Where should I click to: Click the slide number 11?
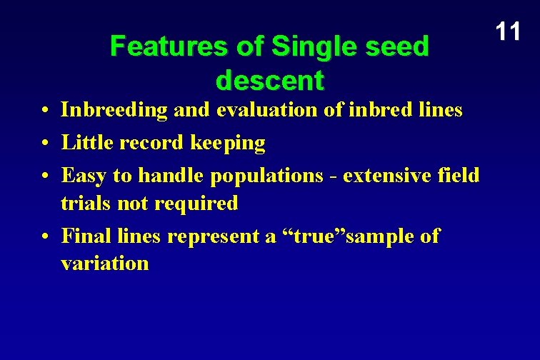tap(508, 31)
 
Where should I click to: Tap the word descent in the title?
tap(269, 80)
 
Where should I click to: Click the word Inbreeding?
tap(114, 110)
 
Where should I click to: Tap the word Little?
tap(86, 143)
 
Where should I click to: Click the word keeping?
tap(228, 144)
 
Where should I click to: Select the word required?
tap(196, 204)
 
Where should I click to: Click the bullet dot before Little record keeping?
tap(44, 143)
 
